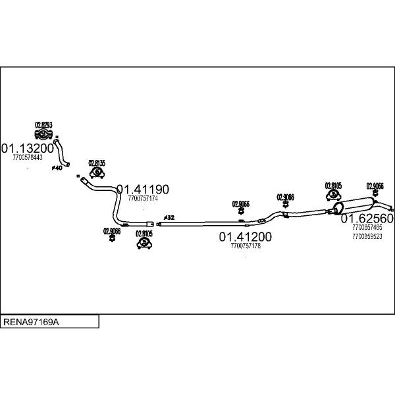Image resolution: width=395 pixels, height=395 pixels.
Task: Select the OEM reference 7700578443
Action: [27, 157]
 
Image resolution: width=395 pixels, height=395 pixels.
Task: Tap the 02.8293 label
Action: [43, 124]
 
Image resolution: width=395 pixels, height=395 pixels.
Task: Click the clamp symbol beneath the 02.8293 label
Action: [43, 135]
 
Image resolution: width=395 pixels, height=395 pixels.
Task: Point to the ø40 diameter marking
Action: [57, 169]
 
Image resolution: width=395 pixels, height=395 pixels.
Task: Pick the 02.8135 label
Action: [97, 163]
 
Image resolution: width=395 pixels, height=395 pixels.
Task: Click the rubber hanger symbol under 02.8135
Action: [97, 173]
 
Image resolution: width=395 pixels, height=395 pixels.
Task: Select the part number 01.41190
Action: [143, 190]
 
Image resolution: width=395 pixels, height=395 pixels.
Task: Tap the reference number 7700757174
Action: [143, 198]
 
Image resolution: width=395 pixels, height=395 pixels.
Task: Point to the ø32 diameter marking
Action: [169, 217]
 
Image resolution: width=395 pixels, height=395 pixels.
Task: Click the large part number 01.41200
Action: [246, 237]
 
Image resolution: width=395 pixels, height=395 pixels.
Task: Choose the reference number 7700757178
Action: [246, 246]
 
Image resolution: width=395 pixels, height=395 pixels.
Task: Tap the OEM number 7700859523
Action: [367, 236]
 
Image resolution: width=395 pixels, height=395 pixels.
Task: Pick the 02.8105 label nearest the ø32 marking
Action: [144, 234]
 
